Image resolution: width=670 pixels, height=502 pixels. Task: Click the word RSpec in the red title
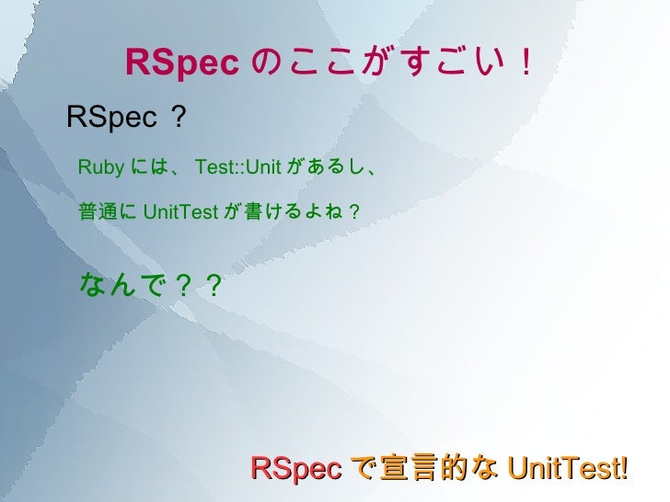point(182,63)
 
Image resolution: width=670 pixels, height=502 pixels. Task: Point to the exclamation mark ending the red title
point(525,63)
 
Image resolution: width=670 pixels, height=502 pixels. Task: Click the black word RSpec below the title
point(111,117)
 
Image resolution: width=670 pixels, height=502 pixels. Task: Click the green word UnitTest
point(180,212)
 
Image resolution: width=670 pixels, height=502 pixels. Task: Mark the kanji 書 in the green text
point(252,212)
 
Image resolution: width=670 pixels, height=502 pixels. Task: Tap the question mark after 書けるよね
point(354,212)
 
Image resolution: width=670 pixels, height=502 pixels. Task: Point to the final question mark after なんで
point(214,286)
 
